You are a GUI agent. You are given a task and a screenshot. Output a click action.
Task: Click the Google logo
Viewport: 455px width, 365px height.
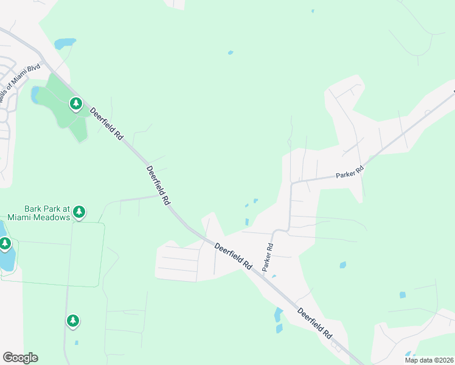tap(20, 358)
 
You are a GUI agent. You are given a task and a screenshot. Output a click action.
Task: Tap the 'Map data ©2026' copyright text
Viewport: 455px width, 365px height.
tap(428, 360)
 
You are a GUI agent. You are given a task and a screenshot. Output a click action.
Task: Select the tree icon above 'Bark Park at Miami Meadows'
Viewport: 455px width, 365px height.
tap(78, 212)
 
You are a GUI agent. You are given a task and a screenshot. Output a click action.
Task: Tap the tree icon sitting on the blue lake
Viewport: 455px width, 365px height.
tap(5, 245)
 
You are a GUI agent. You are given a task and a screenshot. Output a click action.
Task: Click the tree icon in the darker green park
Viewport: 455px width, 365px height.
tap(75, 104)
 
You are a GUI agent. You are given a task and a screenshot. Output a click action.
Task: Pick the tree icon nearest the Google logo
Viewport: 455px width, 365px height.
tap(73, 321)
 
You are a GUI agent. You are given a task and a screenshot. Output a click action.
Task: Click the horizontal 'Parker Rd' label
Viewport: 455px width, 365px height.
tap(350, 173)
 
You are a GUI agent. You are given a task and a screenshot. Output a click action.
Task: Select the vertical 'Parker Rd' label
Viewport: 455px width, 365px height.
tap(268, 258)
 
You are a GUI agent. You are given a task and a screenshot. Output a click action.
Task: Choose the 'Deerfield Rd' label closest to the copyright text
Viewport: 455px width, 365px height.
tap(314, 323)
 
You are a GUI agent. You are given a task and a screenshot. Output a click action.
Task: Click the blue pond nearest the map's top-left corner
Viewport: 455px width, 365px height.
tap(65, 44)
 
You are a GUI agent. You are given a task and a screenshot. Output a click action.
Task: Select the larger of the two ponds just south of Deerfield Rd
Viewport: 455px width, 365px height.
tap(279, 315)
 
